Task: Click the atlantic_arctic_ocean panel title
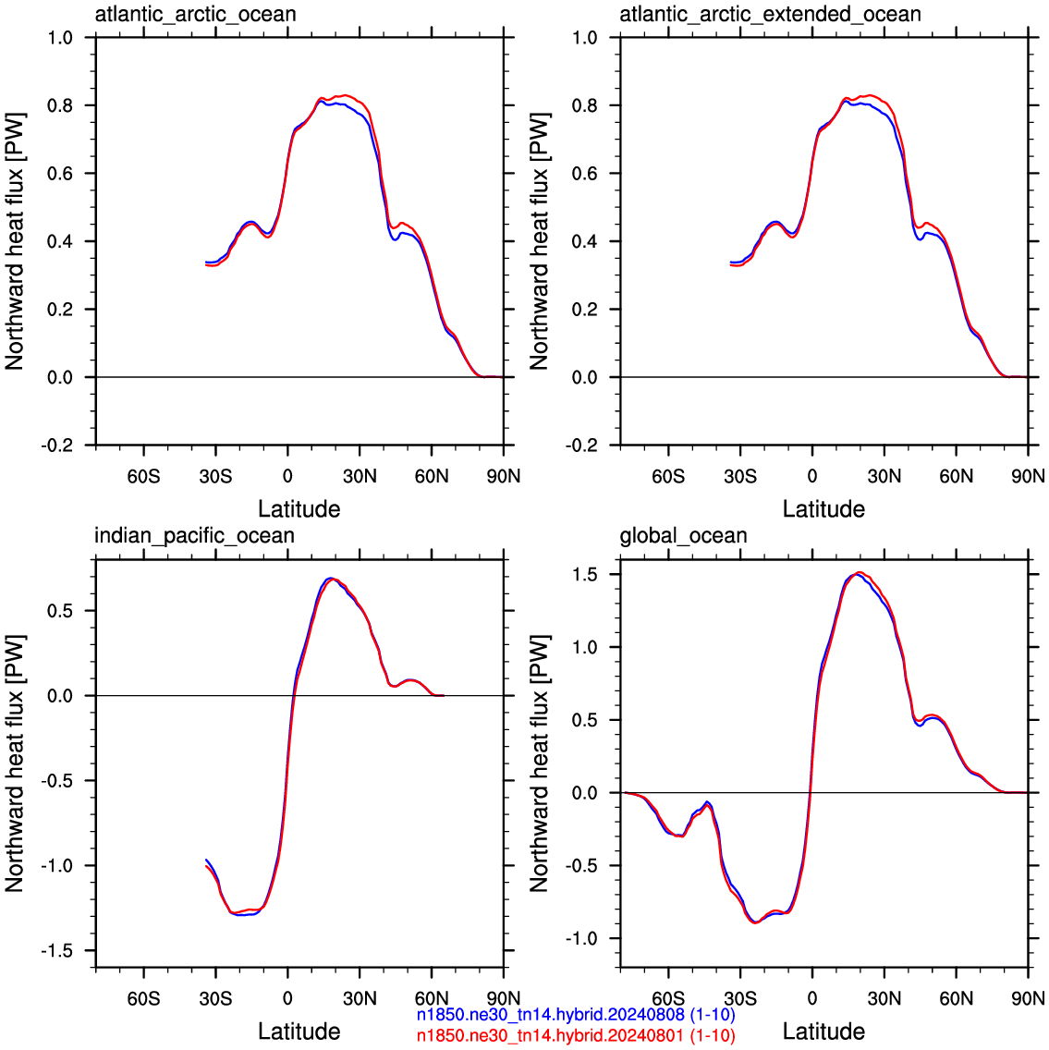pyautogui.click(x=195, y=15)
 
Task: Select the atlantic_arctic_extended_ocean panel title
pyautogui.click(x=770, y=15)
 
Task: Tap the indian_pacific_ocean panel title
pyautogui.click(x=194, y=536)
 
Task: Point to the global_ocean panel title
pyautogui.click(x=683, y=536)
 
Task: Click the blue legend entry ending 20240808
pyautogui.click(x=576, y=1015)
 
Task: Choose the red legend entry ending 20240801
pyautogui.click(x=576, y=1035)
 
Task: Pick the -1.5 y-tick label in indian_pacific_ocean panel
pyautogui.click(x=57, y=951)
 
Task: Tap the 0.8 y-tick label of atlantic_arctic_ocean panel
pyautogui.click(x=59, y=105)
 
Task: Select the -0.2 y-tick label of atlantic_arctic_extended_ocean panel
pyautogui.click(x=581, y=446)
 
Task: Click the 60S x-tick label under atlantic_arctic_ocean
pyautogui.click(x=144, y=477)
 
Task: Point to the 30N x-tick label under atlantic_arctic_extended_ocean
pyautogui.click(x=884, y=477)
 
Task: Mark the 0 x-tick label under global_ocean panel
pyautogui.click(x=812, y=999)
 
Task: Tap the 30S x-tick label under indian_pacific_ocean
pyautogui.click(x=215, y=999)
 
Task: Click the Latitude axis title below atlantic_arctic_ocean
pyautogui.click(x=299, y=509)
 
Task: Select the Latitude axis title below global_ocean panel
pyautogui.click(x=824, y=1032)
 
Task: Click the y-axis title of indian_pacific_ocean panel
pyautogui.click(x=15, y=763)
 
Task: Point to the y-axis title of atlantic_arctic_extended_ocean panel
pyautogui.click(x=539, y=241)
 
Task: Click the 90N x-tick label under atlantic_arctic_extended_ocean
pyautogui.click(x=1029, y=477)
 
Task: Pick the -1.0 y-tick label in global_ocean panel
pyautogui.click(x=581, y=939)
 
